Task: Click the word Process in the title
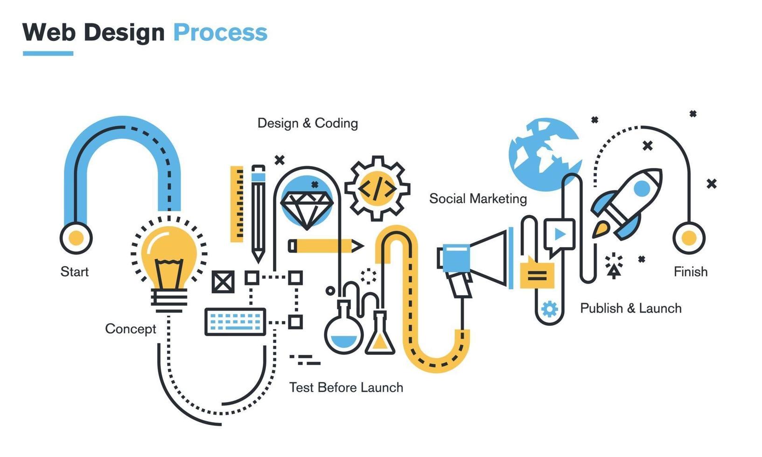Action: click(x=220, y=33)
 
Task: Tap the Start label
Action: click(x=75, y=271)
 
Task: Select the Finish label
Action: click(x=691, y=271)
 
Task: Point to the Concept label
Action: click(x=131, y=329)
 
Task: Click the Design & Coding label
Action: click(x=308, y=123)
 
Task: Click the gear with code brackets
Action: click(x=377, y=188)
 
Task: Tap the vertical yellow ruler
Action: click(x=237, y=204)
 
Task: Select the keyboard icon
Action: click(x=235, y=322)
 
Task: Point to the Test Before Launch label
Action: click(x=346, y=388)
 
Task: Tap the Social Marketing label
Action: click(x=478, y=199)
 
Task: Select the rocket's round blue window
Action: click(x=642, y=188)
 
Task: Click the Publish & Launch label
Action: click(x=631, y=308)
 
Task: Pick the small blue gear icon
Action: click(x=549, y=309)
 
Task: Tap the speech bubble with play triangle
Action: click(x=559, y=235)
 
